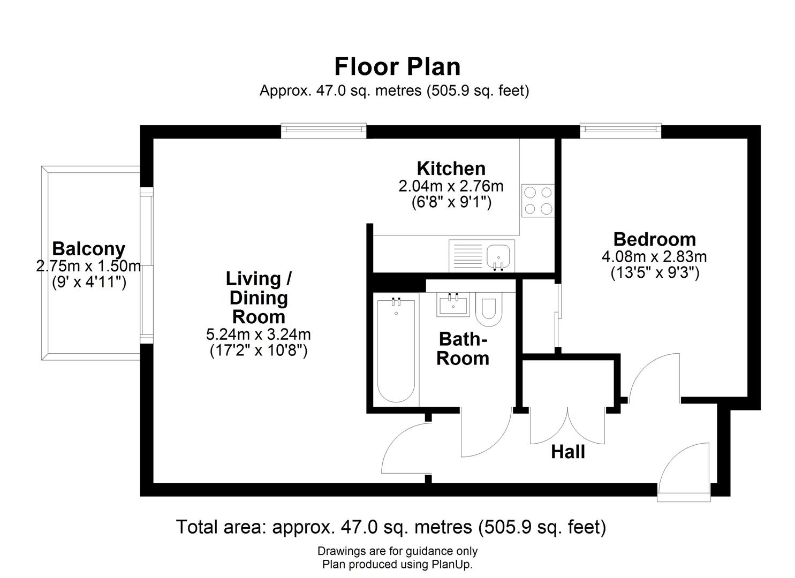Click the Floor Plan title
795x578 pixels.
[397, 67]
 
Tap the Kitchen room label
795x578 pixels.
[451, 169]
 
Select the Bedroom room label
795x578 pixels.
[654, 239]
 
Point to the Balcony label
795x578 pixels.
[88, 249]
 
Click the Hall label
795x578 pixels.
[568, 452]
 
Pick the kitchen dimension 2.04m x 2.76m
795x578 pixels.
[451, 186]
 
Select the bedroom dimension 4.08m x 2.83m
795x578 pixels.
[654, 256]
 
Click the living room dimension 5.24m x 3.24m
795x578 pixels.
[259, 334]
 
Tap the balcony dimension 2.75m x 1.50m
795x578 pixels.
[88, 266]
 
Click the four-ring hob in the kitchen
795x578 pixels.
[538, 200]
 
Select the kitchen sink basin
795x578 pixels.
[498, 254]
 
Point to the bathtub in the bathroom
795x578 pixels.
[396, 351]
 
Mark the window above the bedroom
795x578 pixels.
[620, 129]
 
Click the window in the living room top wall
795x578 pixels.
[323, 129]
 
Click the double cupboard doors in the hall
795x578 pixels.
[567, 425]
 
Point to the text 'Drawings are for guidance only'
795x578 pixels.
[397, 551]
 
